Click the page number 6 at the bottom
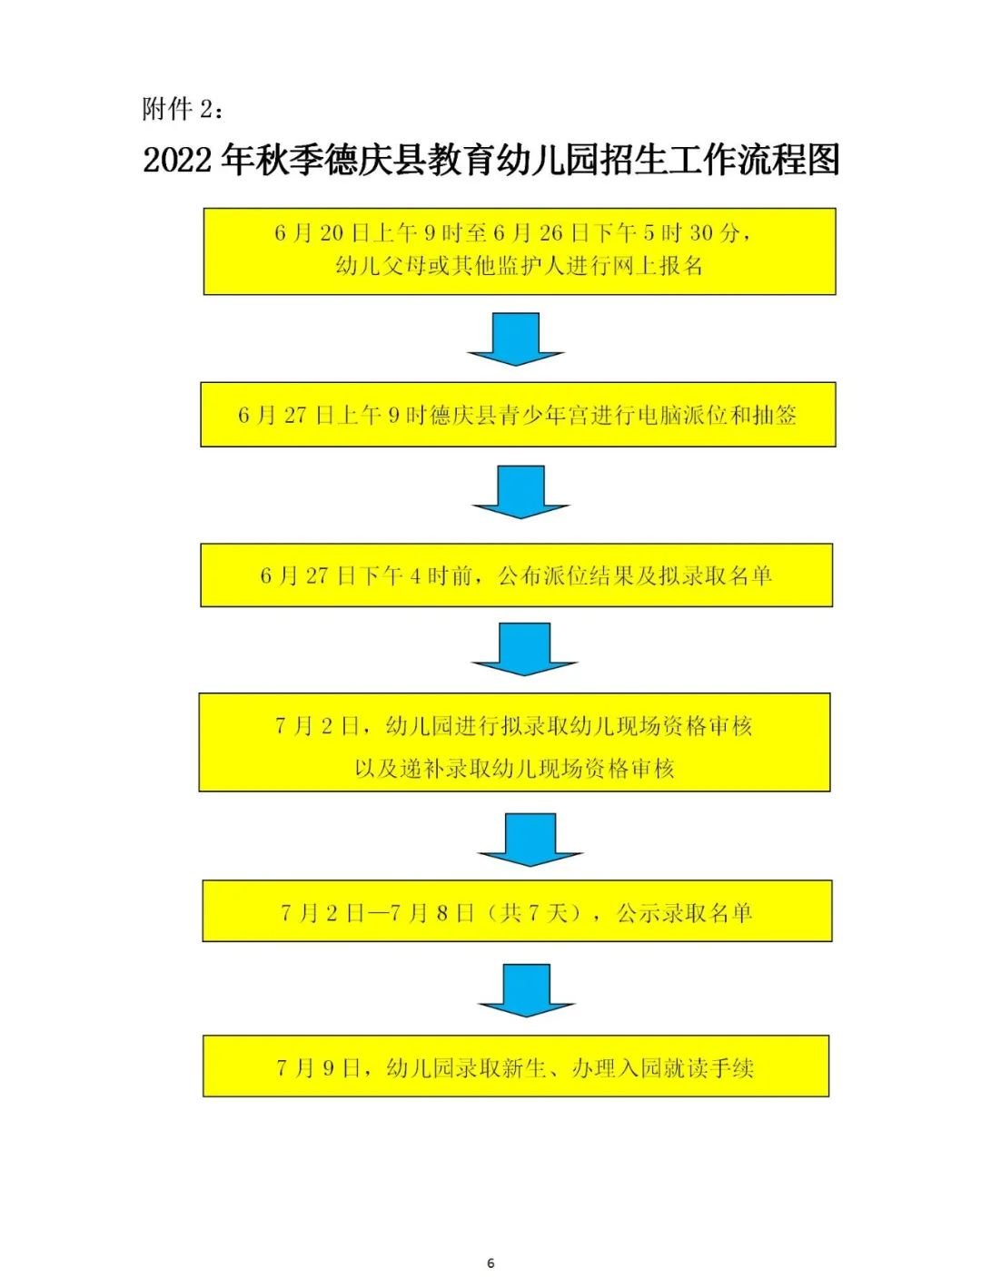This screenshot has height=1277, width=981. click(491, 1262)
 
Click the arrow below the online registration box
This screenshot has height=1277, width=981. click(516, 339)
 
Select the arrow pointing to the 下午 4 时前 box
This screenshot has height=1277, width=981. click(520, 491)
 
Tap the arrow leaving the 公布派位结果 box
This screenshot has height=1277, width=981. click(524, 648)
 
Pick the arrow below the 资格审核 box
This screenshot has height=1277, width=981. click(530, 838)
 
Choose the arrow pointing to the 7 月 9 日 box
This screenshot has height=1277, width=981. click(527, 989)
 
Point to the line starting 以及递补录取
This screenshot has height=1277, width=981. click(514, 769)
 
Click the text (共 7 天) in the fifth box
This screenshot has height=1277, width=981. click(540, 913)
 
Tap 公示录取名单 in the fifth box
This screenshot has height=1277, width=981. click(684, 913)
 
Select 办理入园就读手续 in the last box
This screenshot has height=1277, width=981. click(662, 1068)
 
